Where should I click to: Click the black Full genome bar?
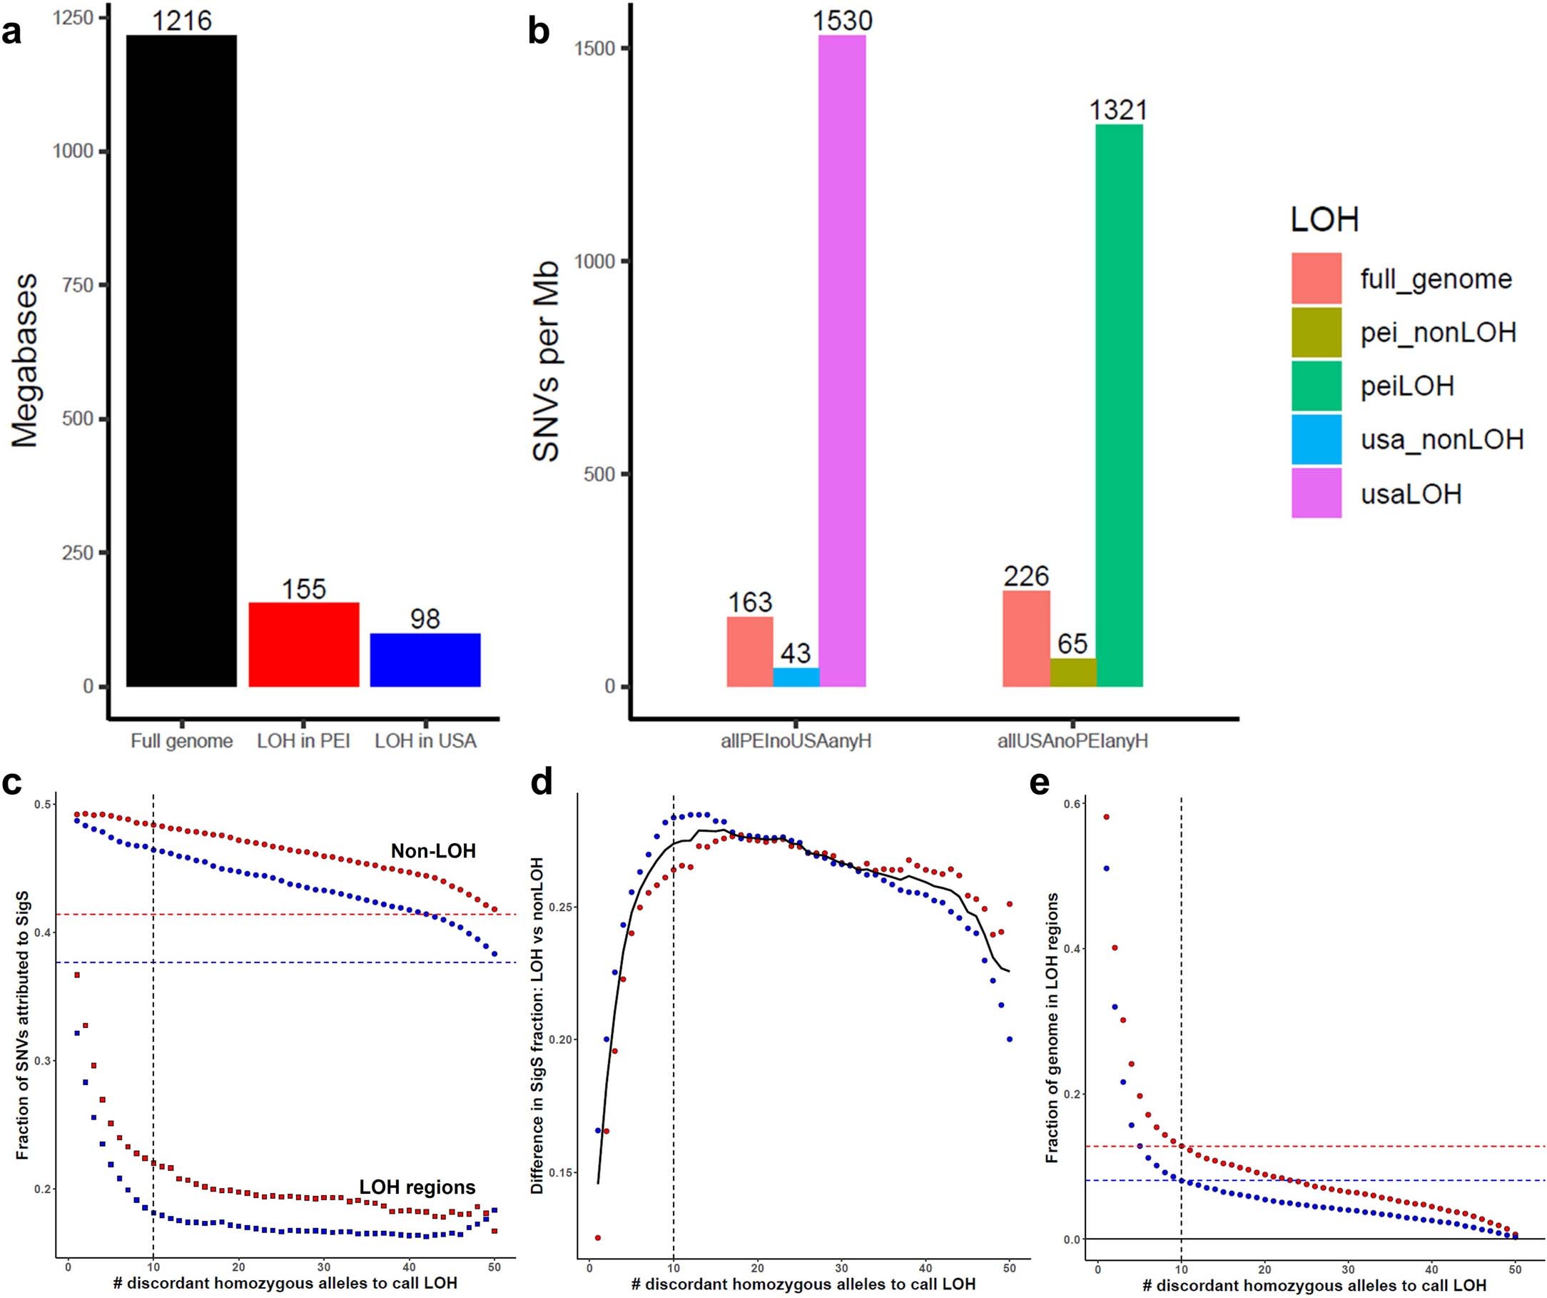tap(182, 361)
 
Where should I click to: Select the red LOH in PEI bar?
tap(303, 645)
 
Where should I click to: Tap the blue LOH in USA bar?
tap(425, 660)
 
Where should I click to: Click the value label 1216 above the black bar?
tap(182, 20)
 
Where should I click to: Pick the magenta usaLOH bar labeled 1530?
tap(842, 361)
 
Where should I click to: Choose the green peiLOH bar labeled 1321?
tap(1119, 406)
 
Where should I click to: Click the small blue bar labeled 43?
tap(796, 678)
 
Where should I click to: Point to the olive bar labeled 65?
tap(1072, 673)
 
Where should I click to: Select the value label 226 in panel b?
tap(1025, 576)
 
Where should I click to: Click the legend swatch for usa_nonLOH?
tap(1317, 440)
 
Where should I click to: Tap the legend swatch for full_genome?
tap(1317, 278)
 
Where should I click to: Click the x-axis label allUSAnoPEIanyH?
tap(1072, 742)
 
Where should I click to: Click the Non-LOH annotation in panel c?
tap(433, 851)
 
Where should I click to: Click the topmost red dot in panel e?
tap(1106, 817)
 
